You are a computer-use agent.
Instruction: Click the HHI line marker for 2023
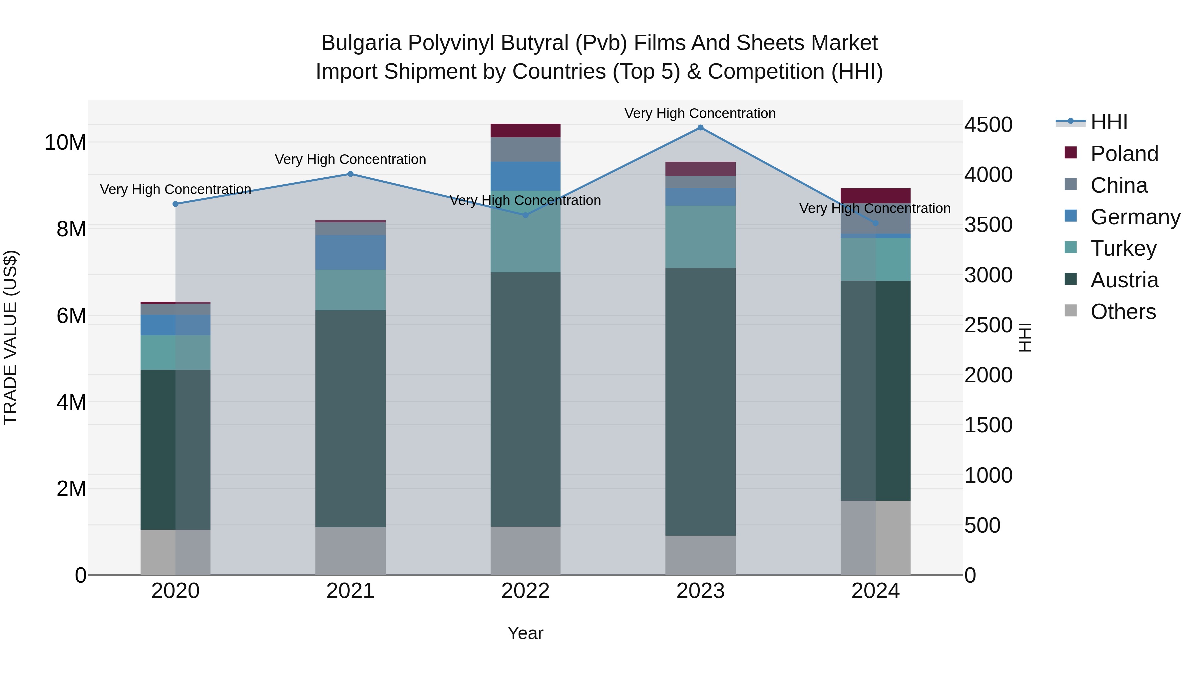[x=700, y=128]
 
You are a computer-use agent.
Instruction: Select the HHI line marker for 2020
[x=176, y=204]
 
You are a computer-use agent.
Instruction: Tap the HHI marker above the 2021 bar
[x=350, y=174]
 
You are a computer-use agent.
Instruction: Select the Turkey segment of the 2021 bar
[x=350, y=290]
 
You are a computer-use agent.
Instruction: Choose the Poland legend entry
[x=1124, y=154]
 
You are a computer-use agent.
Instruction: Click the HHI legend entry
[x=1109, y=122]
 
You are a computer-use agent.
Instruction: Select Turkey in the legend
[x=1123, y=248]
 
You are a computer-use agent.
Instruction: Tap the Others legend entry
[x=1123, y=312]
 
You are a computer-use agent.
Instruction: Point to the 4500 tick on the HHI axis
[x=988, y=125]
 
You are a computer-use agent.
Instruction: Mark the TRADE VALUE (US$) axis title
[x=10, y=337]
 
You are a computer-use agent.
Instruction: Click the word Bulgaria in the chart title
[x=361, y=43]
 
